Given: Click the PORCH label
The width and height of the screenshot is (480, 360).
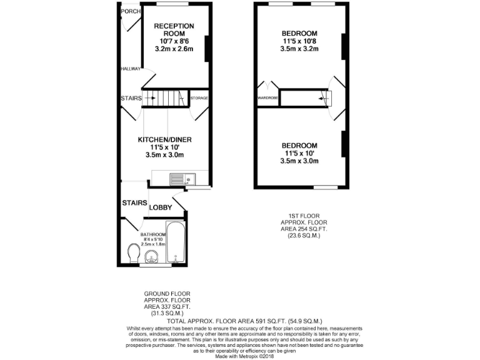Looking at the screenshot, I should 130,11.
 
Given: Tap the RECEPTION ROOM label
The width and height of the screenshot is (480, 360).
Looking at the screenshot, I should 174,29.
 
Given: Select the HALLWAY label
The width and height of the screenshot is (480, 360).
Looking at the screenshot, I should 131,69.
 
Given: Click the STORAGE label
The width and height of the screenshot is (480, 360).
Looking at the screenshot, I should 199,98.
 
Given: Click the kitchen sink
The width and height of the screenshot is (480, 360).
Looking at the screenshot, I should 187,179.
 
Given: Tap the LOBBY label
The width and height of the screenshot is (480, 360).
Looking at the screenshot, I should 160,206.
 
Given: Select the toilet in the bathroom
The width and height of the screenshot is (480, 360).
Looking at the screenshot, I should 132,254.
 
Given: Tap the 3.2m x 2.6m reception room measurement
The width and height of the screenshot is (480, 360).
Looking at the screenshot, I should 174,49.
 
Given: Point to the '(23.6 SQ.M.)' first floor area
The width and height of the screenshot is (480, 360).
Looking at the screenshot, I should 304,236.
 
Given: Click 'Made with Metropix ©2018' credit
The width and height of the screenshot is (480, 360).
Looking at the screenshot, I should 240,356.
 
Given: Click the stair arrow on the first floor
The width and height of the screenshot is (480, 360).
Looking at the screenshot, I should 322,97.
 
